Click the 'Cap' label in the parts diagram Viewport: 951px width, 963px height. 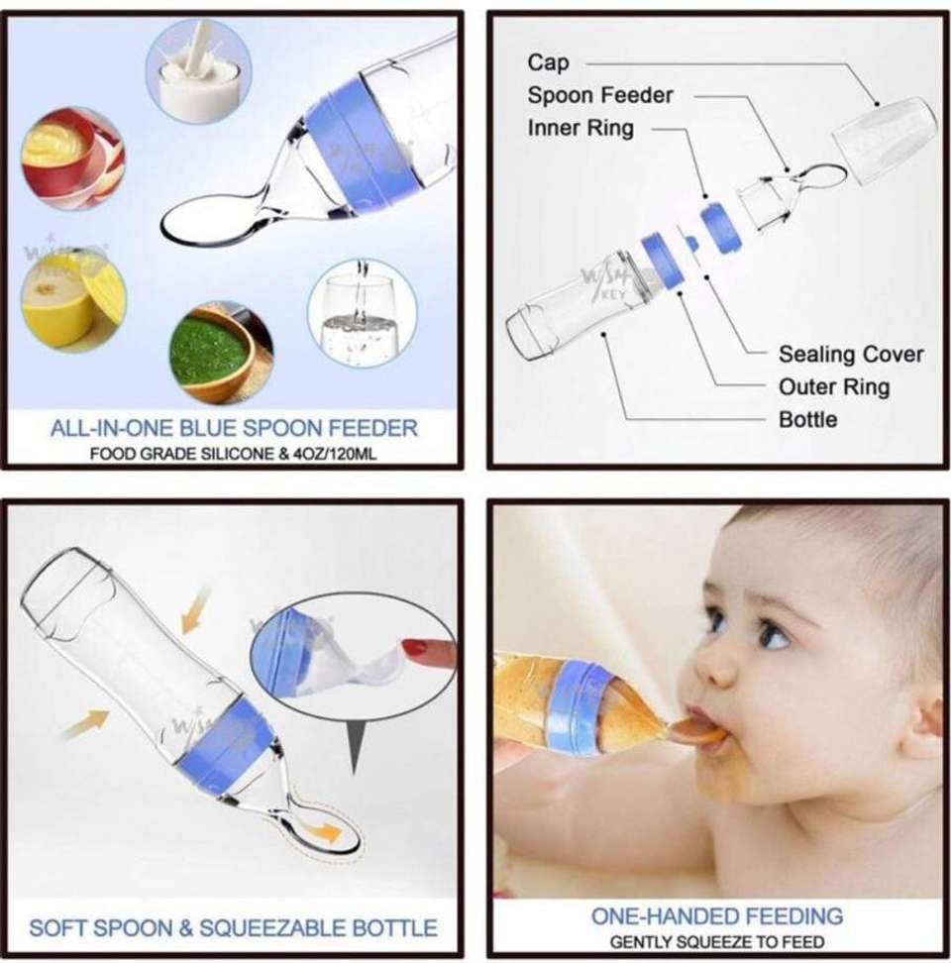tap(548, 62)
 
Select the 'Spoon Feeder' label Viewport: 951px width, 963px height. tap(600, 95)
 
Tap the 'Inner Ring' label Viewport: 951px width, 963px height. tap(581, 128)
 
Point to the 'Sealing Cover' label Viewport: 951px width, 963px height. tap(851, 355)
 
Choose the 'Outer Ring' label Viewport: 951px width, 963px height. tap(834, 387)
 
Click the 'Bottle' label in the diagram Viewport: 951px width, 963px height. tap(808, 419)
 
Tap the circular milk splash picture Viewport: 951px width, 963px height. tap(198, 71)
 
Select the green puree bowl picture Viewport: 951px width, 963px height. tap(221, 353)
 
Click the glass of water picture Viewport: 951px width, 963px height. tap(363, 313)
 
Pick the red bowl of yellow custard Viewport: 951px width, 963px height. tap(72, 159)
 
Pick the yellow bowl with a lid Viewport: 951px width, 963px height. tap(73, 299)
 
